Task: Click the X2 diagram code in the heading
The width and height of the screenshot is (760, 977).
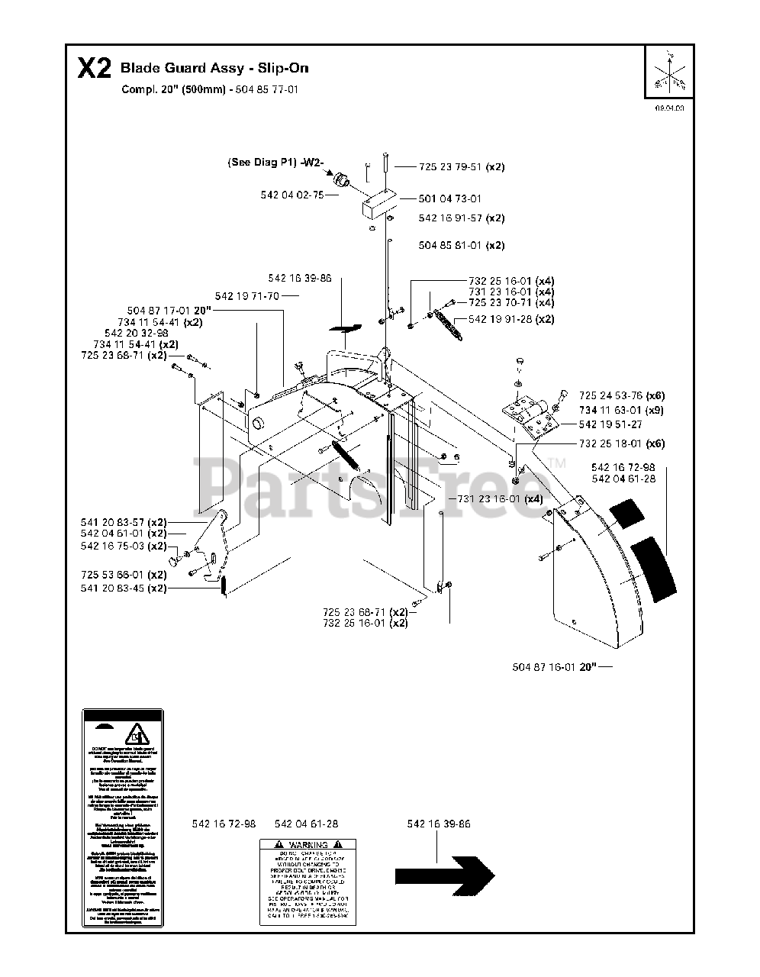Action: (x=94, y=69)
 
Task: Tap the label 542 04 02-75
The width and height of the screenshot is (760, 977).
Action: (x=291, y=195)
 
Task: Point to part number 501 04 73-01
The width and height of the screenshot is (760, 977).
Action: (x=450, y=198)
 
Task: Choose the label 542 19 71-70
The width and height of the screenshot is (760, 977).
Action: (x=247, y=295)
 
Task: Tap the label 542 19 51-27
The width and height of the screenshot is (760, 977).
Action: (x=610, y=424)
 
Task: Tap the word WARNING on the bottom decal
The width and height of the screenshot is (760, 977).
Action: (x=308, y=845)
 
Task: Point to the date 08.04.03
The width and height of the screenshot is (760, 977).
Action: (x=669, y=108)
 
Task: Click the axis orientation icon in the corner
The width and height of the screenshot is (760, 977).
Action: (x=669, y=71)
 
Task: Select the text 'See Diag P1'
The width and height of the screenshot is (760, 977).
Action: (x=262, y=162)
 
